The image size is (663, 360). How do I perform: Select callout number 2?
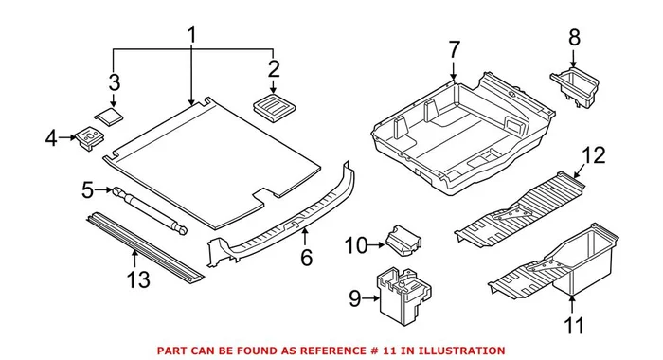(274, 68)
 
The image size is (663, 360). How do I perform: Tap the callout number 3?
(114, 81)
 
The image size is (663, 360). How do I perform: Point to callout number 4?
(51, 140)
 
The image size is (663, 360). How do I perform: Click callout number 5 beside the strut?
(88, 191)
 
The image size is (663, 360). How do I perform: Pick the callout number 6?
(306, 258)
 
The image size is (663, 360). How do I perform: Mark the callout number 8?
(574, 39)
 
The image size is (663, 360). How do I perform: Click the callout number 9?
(354, 299)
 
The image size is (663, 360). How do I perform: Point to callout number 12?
(593, 154)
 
